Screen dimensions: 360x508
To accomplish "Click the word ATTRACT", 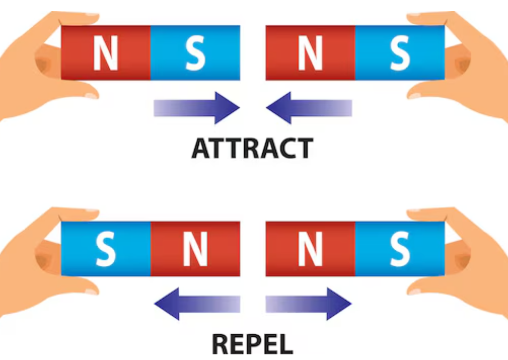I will point(252,148).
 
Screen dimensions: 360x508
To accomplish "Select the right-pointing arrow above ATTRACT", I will point(197,108).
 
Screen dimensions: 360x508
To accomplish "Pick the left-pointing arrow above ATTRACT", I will point(309,108).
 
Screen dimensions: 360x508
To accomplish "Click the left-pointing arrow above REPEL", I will point(197,304).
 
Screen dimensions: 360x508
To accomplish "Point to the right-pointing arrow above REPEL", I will point(309,304).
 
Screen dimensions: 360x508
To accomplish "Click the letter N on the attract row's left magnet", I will point(105,53).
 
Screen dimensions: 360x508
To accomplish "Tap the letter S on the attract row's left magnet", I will point(195,53).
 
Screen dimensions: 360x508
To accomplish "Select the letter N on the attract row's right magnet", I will point(310,53).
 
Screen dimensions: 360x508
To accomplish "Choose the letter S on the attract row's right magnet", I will point(400,53).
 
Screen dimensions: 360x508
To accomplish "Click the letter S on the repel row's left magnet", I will point(105,249).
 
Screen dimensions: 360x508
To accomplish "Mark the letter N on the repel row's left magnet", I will point(195,249).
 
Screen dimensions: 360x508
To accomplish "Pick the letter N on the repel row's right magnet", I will point(310,249).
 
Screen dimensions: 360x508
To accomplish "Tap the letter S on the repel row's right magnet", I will point(400,249).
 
